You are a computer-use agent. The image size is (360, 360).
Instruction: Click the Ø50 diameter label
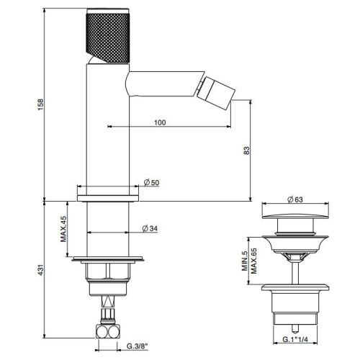pos(152,183)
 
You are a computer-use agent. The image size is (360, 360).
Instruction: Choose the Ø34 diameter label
pos(149,228)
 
